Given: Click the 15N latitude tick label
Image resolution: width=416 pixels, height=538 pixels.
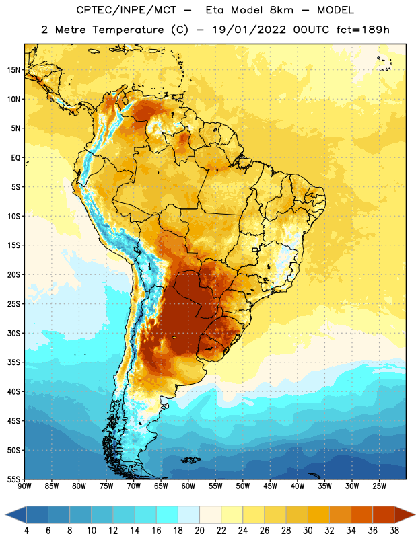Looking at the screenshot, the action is point(13,70).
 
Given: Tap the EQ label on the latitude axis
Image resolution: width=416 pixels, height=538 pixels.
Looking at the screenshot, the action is point(15,158).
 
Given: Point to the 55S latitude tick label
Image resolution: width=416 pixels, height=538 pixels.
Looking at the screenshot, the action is point(13,479).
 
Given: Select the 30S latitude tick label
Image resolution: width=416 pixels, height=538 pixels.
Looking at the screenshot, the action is point(13,333).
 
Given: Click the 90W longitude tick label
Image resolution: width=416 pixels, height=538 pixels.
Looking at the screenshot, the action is point(24,486).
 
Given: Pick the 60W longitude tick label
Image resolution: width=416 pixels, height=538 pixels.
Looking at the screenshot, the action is point(188,486).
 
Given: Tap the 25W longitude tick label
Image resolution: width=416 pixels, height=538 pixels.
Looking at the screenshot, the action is point(379,486).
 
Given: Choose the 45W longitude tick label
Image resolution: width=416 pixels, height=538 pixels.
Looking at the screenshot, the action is point(270,486).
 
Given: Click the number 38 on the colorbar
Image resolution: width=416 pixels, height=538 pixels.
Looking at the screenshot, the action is point(394,531).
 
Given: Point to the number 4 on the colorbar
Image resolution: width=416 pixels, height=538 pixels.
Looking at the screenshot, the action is point(26,531).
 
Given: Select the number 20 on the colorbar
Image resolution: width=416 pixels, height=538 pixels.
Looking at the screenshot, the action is point(199,531).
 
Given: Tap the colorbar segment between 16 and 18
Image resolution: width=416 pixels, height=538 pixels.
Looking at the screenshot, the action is point(168,515).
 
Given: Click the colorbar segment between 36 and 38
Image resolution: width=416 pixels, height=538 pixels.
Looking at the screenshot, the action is point(384,515).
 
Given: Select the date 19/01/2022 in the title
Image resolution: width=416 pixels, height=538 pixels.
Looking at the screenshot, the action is point(249,30).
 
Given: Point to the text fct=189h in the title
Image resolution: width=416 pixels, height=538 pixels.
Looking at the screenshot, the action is point(363,30).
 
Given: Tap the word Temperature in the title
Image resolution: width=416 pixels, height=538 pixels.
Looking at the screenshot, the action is point(128,30).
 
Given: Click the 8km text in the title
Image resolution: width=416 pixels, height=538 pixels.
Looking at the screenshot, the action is point(281,10).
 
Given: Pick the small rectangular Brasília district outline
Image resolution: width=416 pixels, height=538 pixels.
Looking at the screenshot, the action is point(255,250).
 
